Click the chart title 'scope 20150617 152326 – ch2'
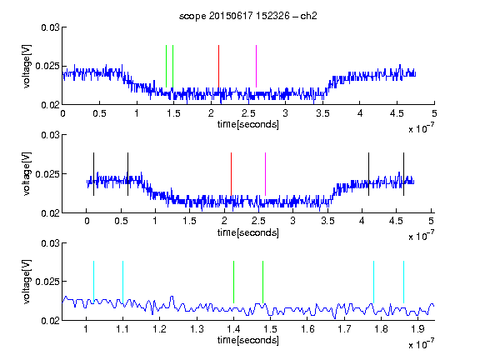tap(248, 16)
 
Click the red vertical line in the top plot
tap(218, 67)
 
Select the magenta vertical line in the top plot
tap(256, 67)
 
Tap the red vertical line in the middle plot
tap(231, 174)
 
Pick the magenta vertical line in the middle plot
tap(265, 174)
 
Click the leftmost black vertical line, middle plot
tap(93, 174)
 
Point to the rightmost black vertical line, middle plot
tap(403, 174)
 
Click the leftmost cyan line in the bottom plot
tap(93, 282)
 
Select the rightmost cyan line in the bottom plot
tap(403, 282)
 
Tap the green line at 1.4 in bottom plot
tap(233, 282)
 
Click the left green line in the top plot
tap(166, 67)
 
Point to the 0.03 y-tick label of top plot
tap(50, 27)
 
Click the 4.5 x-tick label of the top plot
tap(397, 113)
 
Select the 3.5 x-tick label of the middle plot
tap(327, 221)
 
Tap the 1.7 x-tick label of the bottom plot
tap(344, 329)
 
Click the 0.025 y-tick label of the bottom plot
tap(47, 282)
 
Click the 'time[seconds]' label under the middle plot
tap(248, 232)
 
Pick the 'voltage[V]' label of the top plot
tap(27, 67)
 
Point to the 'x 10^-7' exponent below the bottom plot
tap(421, 343)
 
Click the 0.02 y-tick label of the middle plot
tap(50, 213)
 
